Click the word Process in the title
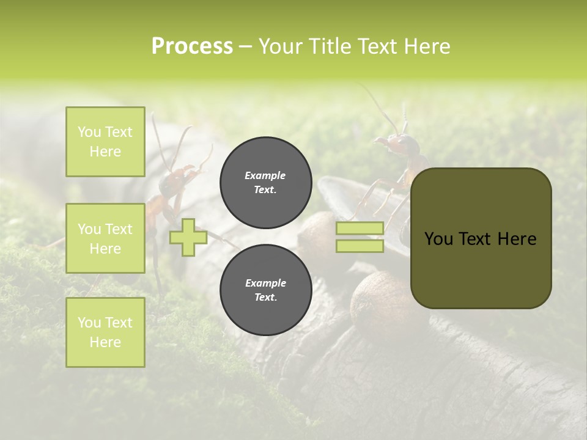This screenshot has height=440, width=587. click(192, 46)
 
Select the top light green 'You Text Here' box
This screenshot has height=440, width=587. click(105, 142)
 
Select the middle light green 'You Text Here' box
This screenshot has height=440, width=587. click(105, 238)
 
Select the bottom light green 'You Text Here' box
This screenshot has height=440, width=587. click(105, 332)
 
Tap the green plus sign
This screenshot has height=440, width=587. click(188, 237)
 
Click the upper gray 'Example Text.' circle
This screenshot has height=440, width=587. click(265, 182)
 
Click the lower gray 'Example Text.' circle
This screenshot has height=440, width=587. click(265, 290)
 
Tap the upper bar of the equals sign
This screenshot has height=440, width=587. click(360, 228)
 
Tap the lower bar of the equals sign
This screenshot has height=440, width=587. click(360, 246)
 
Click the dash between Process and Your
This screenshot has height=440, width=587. click(245, 47)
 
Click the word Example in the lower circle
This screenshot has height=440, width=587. click(265, 283)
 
